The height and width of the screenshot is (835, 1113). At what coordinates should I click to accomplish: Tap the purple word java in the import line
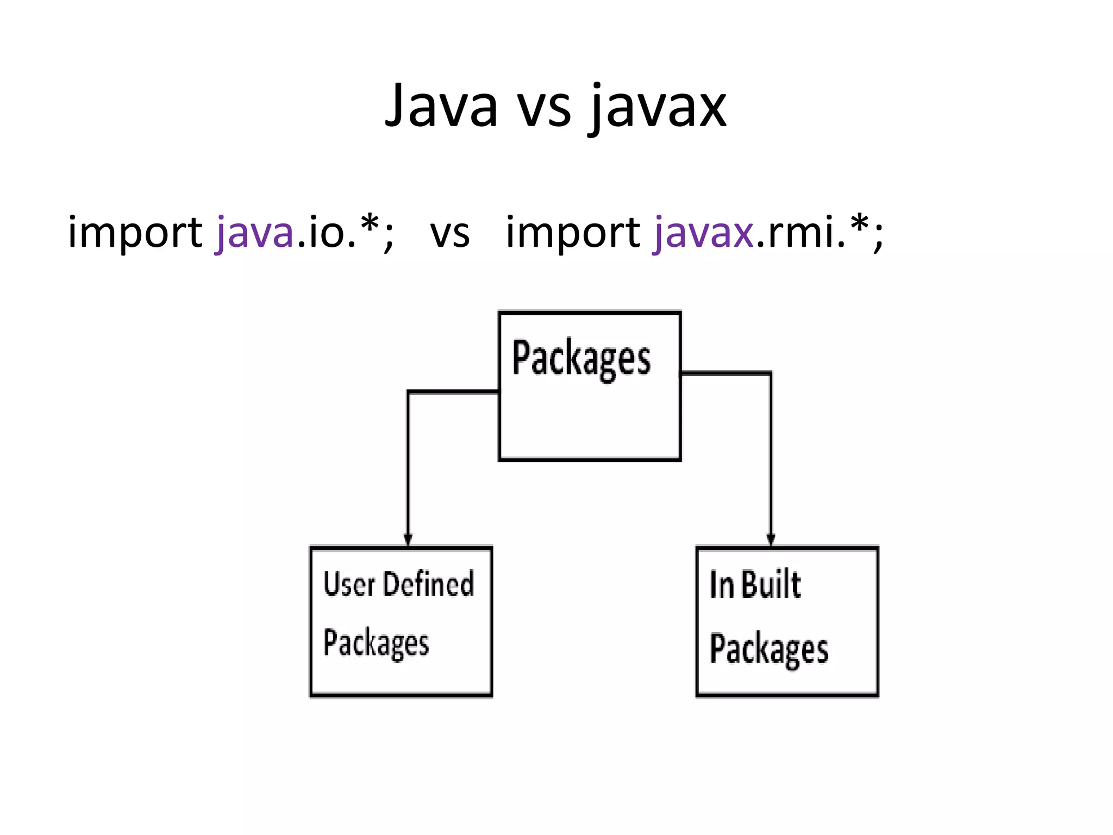(255, 233)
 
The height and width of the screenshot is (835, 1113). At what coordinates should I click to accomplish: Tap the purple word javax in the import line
(703, 233)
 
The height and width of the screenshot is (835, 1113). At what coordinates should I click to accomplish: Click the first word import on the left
(135, 233)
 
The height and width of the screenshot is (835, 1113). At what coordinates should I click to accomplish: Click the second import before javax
(573, 233)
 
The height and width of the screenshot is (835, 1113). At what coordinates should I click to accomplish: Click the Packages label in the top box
(581, 359)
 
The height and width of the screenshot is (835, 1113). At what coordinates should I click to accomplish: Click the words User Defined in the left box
(398, 584)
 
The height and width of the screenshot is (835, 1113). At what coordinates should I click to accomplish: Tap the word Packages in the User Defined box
(376, 644)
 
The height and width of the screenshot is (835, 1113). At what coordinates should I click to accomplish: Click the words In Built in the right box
(755, 585)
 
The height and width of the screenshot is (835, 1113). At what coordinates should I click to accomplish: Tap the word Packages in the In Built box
(769, 649)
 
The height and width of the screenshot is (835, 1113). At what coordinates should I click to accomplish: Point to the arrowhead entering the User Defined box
(408, 540)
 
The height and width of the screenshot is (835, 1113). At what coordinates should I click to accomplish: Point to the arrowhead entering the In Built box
(771, 540)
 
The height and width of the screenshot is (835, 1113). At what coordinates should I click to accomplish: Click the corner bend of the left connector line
(409, 391)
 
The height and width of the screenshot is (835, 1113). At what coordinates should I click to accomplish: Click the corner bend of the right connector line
(770, 373)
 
